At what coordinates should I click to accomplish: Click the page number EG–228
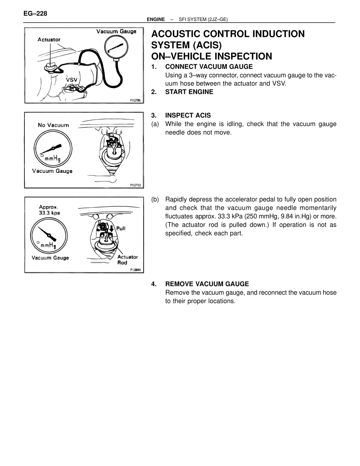35,13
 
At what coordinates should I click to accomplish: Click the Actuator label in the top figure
49,40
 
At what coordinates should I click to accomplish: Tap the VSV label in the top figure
71,80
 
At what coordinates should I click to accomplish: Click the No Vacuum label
53,125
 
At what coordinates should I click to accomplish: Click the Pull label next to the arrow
121,228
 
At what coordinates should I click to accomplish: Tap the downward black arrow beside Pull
111,228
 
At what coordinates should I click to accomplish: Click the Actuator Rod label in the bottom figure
127,260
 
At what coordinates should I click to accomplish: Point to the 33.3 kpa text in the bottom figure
49,213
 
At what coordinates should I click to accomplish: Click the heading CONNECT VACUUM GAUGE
209,67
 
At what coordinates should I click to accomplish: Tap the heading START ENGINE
189,92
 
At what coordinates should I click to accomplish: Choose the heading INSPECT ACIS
188,115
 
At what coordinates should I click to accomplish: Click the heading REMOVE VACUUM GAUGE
207,284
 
